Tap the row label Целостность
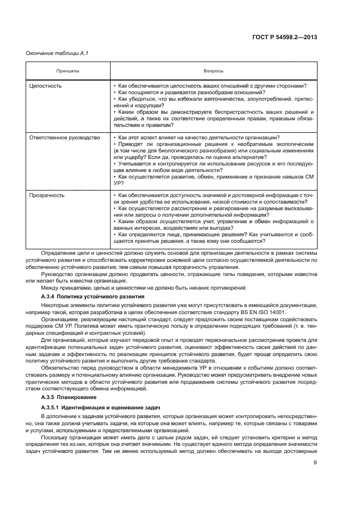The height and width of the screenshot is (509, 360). pos(45,86)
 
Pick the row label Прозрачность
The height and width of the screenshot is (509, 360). pos(47,195)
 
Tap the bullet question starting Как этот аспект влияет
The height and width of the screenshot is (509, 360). pos(199,137)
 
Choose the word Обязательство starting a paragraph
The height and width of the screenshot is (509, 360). pos(59,366)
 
